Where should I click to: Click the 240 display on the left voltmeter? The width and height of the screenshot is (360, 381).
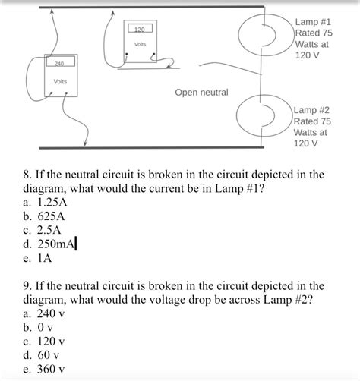point(59,62)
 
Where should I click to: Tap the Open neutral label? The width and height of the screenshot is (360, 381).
point(201,93)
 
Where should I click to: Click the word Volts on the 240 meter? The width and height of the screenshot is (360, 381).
point(60,81)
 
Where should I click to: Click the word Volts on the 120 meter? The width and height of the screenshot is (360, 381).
point(140,45)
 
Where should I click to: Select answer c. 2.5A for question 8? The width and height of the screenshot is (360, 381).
point(44,230)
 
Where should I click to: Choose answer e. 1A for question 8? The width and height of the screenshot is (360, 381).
point(39,257)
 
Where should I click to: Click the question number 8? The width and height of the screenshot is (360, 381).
point(28,175)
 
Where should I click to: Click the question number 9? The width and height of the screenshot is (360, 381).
point(28,286)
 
